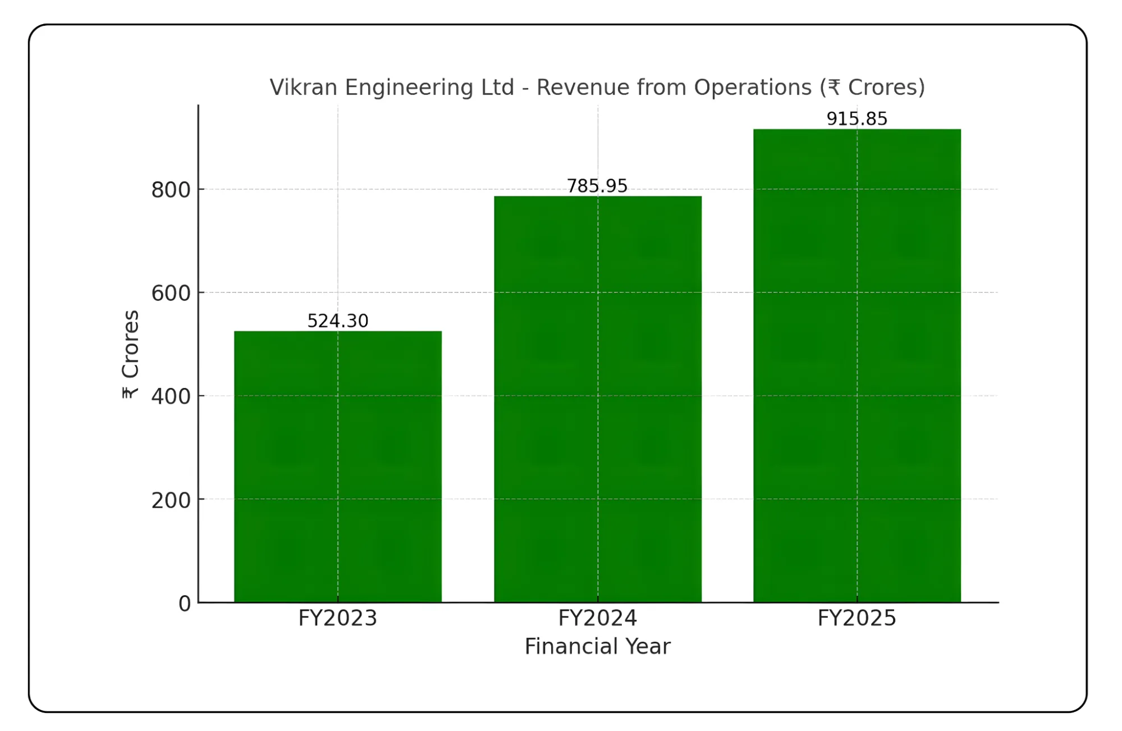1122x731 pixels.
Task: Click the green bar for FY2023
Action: point(337,466)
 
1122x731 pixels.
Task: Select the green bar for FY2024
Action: point(597,399)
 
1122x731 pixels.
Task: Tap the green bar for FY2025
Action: point(857,365)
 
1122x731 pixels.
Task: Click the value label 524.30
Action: point(337,321)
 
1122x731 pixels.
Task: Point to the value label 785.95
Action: point(597,185)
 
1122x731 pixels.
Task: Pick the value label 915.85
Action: point(857,118)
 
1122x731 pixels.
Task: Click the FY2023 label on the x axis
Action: point(337,618)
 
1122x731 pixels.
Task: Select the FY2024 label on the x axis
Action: point(597,618)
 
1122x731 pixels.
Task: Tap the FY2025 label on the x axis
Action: point(857,618)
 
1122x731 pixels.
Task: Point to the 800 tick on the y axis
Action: point(171,190)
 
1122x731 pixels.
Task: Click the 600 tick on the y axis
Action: point(171,293)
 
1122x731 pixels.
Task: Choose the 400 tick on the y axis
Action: point(171,396)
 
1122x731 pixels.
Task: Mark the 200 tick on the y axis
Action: point(171,500)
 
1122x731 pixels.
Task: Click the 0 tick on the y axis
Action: point(185,604)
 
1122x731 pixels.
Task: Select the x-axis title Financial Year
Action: point(597,646)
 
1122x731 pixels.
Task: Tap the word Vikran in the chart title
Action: point(303,88)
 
